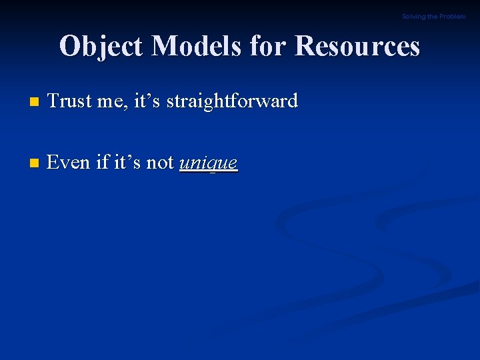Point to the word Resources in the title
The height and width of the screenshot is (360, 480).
coord(357,47)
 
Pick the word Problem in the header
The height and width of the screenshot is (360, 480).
coord(453,17)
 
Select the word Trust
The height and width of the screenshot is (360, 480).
coord(68,101)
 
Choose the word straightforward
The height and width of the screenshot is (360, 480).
coord(231,101)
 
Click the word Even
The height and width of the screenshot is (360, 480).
coord(69,163)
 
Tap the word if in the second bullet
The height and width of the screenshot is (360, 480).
coord(103,163)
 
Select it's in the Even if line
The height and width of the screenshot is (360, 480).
coord(128,163)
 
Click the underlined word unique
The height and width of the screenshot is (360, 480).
coord(208,163)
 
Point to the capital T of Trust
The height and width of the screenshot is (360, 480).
coord(53,101)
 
